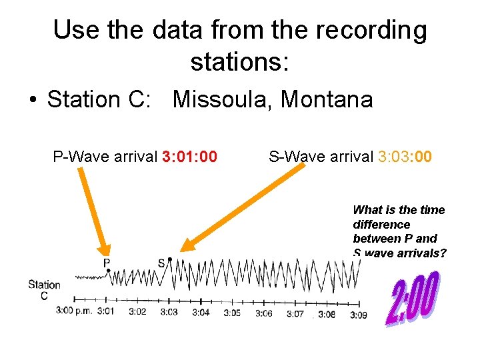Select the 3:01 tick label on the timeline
pos(105,311)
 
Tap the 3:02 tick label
pos(137,311)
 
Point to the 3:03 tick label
pos(169,312)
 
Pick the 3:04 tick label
pos(201,312)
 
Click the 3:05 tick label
pos(232,313)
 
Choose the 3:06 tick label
pos(263,313)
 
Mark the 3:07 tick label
pos(295,313)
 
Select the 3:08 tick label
pos(327,314)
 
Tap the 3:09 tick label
pos(359,315)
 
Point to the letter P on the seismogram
pos(106,263)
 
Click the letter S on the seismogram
pos(161,263)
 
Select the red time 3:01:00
pos(189,157)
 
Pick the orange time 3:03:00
pos(405,157)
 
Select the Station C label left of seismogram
pos(44,290)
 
